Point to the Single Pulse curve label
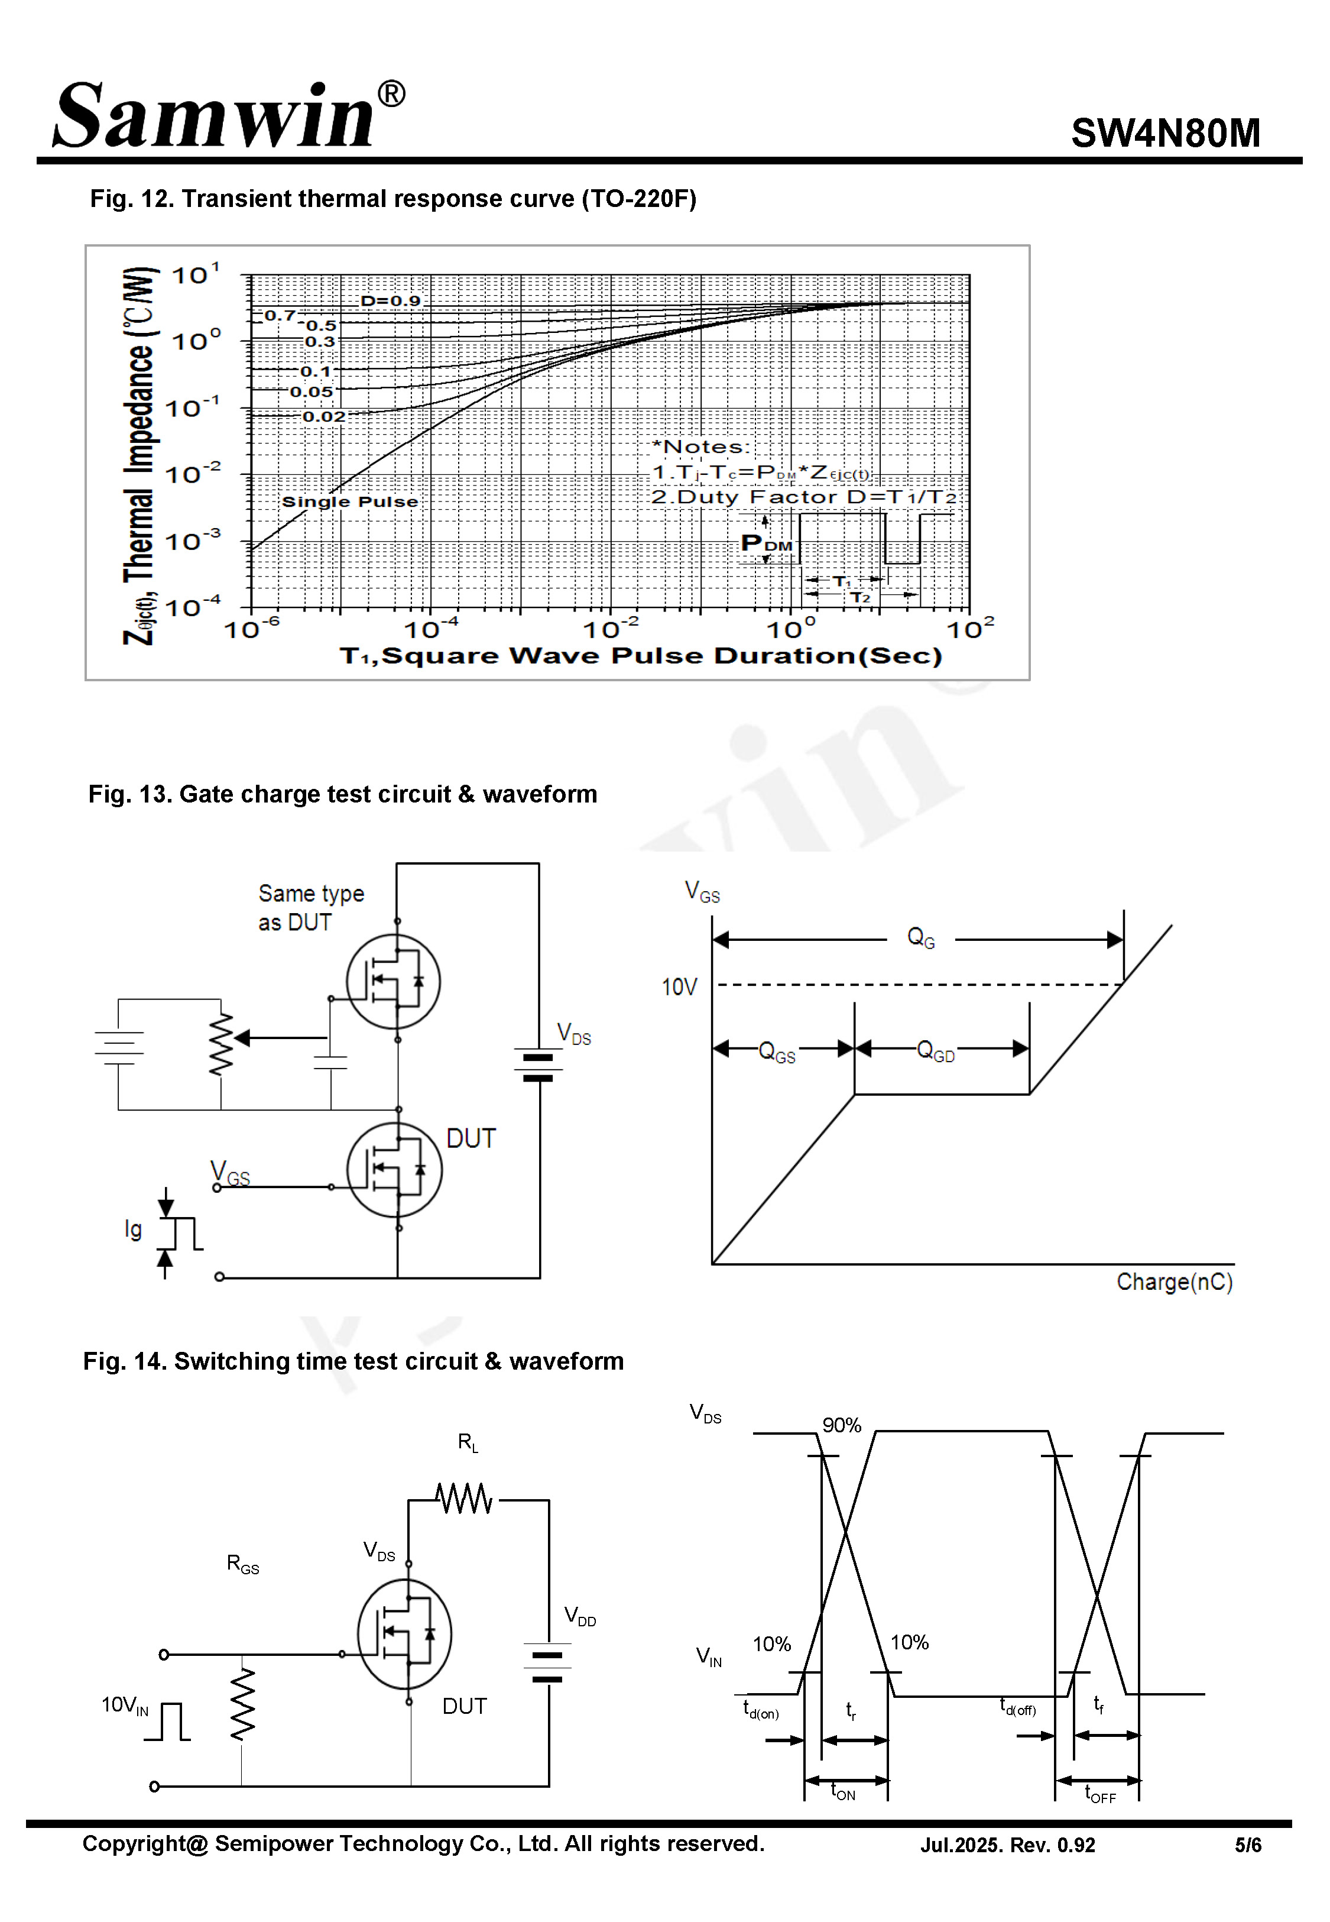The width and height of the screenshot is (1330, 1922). tap(349, 501)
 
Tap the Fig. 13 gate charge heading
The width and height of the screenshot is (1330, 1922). tap(342, 794)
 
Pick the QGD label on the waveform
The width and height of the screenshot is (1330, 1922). tap(935, 1050)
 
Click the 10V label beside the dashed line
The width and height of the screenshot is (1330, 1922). tap(679, 987)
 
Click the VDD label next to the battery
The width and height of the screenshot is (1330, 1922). tap(580, 1615)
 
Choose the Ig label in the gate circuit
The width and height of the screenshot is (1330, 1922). tap(132, 1229)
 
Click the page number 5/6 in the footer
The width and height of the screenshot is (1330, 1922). tap(1247, 1845)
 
